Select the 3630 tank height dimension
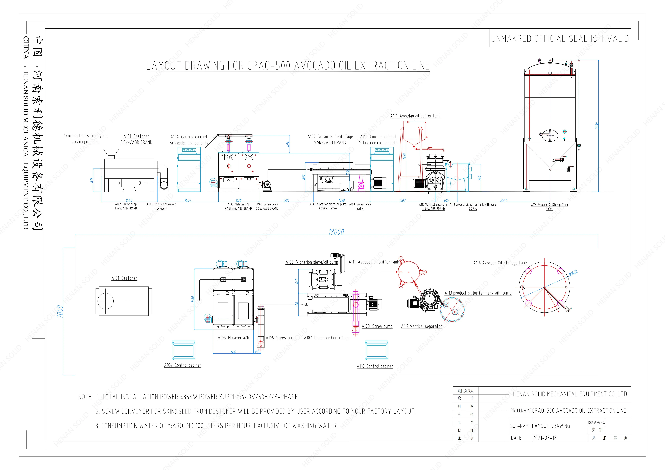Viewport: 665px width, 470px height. (597, 125)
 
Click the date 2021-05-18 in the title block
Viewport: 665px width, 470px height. (544, 438)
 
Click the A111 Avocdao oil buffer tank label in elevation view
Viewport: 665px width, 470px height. (415, 116)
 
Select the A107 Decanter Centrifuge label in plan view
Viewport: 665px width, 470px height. (326, 338)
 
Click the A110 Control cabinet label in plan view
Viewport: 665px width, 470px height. (375, 366)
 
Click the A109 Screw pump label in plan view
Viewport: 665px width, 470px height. (377, 326)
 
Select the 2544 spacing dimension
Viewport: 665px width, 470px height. (504, 200)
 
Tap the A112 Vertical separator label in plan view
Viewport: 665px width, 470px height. (421, 326)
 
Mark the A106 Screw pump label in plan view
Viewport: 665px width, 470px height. (281, 338)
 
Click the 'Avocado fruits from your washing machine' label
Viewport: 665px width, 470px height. (85, 139)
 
